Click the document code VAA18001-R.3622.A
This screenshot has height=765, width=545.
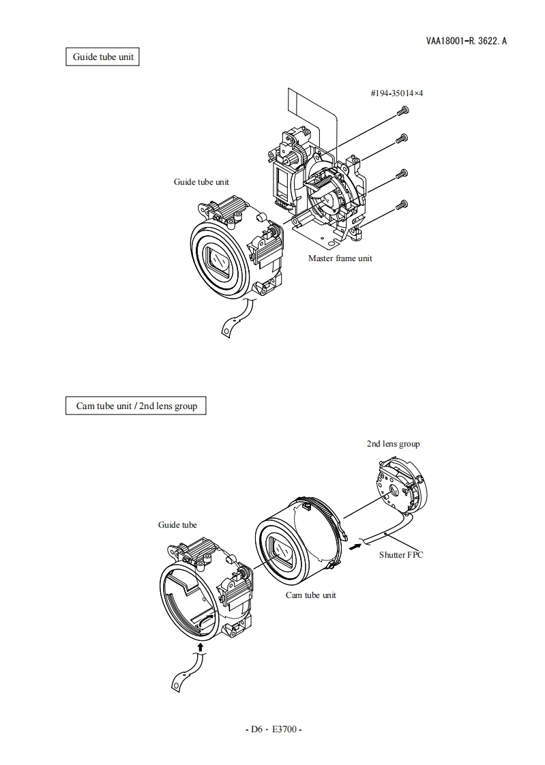pyautogui.click(x=466, y=41)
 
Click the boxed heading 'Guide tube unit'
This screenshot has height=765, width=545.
pyautogui.click(x=103, y=57)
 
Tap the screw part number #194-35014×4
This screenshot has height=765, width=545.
pyautogui.click(x=396, y=93)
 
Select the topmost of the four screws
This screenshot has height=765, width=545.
pyautogui.click(x=403, y=110)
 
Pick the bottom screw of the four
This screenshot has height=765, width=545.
pyautogui.click(x=403, y=204)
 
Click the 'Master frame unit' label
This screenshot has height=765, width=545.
pyautogui.click(x=340, y=258)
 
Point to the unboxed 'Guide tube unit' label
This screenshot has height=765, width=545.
pyautogui.click(x=201, y=181)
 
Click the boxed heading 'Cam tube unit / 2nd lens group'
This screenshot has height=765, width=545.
pyautogui.click(x=136, y=406)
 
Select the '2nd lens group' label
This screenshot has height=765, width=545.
pyautogui.click(x=393, y=444)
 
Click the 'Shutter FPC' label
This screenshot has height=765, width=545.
pyautogui.click(x=401, y=554)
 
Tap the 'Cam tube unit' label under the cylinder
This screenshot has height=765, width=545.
pyautogui.click(x=310, y=595)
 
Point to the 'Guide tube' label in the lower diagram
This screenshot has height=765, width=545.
pyautogui.click(x=177, y=524)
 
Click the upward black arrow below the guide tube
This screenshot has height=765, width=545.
pyautogui.click(x=200, y=644)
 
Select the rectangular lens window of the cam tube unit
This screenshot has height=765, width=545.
pyautogui.click(x=282, y=551)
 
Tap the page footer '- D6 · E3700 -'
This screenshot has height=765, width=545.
pyautogui.click(x=273, y=729)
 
